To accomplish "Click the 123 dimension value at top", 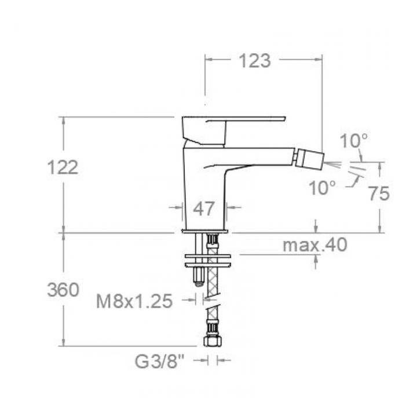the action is [x=255, y=61].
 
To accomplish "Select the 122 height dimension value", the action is [x=63, y=167].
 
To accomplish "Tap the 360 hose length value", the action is [x=63, y=290].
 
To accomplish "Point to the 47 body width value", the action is [x=204, y=209].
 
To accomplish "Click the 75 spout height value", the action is [x=379, y=193].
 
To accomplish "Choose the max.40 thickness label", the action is [x=315, y=244].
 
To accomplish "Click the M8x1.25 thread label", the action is [x=134, y=301].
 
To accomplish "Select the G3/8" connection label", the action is [x=159, y=361].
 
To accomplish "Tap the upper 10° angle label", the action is [x=354, y=141].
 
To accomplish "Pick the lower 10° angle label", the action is [x=323, y=188].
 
